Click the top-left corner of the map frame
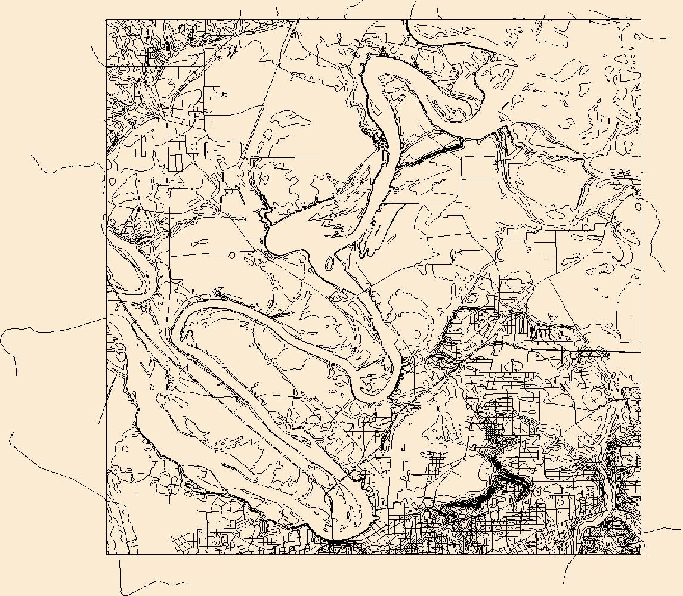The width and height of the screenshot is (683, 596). point(107,20)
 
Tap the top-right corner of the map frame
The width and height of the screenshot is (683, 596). point(641,20)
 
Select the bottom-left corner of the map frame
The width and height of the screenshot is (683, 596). point(107,554)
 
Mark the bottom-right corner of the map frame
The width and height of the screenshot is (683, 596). point(641,554)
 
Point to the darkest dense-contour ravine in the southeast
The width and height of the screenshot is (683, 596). point(507,477)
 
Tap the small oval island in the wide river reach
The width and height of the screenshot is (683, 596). point(330,262)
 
